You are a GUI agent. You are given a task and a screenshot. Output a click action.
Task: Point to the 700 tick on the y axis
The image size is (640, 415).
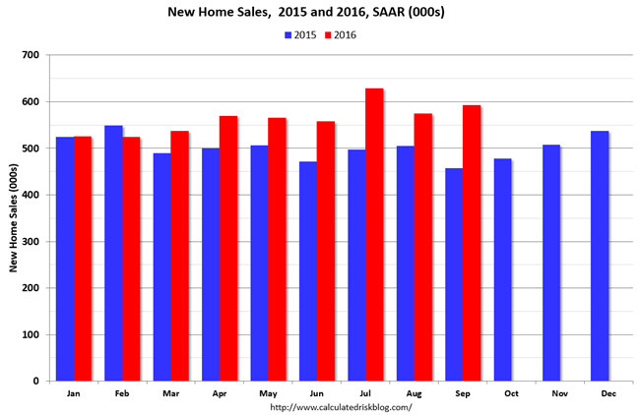[x=38, y=55]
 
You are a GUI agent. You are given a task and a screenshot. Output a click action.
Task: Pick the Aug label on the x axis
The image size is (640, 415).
[x=414, y=392]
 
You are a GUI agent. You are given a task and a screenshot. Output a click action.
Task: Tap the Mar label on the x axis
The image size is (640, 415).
[x=170, y=392]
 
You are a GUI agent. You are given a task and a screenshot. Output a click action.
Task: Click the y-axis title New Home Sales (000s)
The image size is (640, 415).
[x=14, y=217]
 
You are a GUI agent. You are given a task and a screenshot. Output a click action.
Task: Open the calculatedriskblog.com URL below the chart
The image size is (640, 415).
[x=340, y=406]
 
